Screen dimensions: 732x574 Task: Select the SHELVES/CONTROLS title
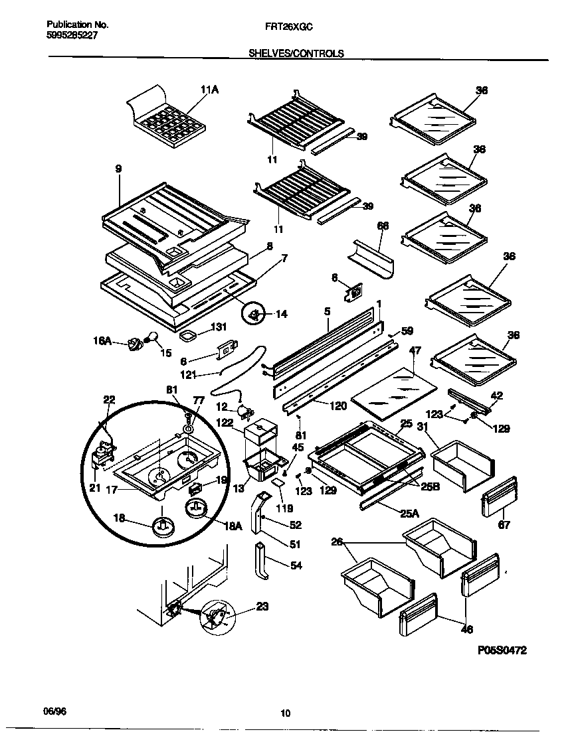[296, 54]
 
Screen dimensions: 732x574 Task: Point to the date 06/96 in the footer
[55, 710]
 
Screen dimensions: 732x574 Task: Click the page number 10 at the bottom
[286, 713]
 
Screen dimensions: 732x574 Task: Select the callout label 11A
[209, 91]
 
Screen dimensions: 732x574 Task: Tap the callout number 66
[383, 226]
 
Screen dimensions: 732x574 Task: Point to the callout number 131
[219, 327]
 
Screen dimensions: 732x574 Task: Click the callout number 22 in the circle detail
[109, 400]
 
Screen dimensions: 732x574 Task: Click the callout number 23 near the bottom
[262, 605]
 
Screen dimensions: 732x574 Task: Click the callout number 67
[504, 525]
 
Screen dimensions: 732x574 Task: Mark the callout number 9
[118, 169]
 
